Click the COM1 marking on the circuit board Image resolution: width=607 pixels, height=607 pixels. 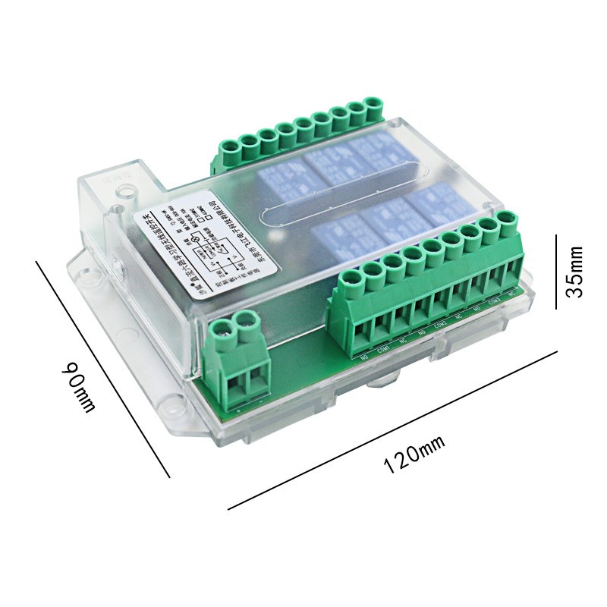[385, 348]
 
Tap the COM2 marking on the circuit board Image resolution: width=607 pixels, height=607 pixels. [439, 325]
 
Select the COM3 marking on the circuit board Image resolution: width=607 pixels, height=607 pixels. [494, 301]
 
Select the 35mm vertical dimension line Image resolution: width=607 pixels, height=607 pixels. [557, 271]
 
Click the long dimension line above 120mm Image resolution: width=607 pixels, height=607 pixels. [393, 429]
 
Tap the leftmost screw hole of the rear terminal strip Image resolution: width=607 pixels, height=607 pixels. [229, 143]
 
